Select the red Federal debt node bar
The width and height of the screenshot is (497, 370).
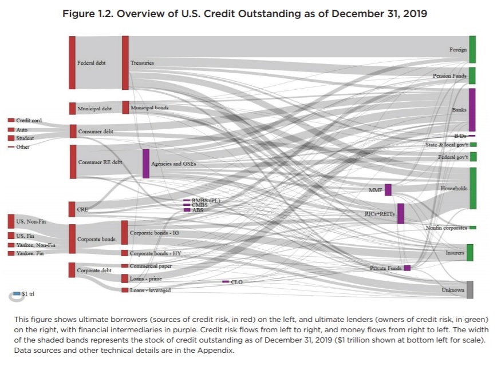click(x=72, y=62)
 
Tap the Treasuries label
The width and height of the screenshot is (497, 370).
click(x=142, y=63)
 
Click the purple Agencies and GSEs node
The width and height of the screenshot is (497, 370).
click(x=146, y=164)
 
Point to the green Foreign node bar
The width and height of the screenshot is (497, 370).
click(x=472, y=49)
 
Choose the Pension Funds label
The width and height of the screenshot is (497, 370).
click(x=449, y=75)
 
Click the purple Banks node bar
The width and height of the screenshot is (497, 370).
click(x=472, y=109)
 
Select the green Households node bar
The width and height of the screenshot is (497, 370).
click(x=472, y=188)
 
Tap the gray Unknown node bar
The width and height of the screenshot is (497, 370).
click(x=470, y=290)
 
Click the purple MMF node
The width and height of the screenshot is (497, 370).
click(x=388, y=190)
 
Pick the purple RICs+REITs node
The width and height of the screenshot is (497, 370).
click(x=401, y=213)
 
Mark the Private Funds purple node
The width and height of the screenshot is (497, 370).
click(x=407, y=268)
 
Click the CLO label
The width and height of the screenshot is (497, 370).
click(x=236, y=282)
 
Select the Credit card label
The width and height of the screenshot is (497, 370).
click(x=29, y=121)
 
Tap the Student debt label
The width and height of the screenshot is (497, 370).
click(x=25, y=138)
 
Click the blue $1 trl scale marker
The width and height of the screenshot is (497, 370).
click(x=17, y=293)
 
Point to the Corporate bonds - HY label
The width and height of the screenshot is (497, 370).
click(x=155, y=253)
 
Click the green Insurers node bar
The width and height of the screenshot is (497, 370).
click(x=470, y=252)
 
